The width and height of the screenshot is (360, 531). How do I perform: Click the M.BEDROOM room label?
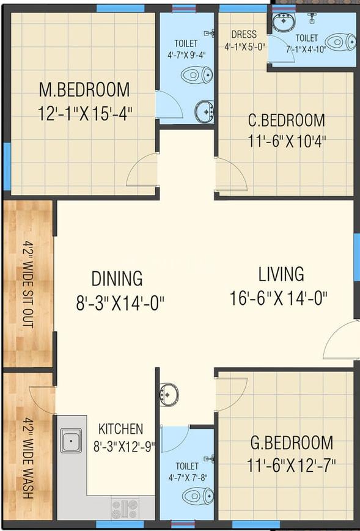click(84, 90)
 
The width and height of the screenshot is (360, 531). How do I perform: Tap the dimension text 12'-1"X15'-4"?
click(85, 114)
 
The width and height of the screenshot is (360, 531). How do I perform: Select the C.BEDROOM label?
click(287, 121)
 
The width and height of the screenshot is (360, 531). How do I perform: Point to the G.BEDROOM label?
click(292, 442)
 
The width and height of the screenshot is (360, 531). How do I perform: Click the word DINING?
click(117, 279)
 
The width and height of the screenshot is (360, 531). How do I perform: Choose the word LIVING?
click(281, 274)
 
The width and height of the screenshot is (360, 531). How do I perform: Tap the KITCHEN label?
click(121, 429)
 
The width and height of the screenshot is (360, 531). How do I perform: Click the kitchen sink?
click(71, 441)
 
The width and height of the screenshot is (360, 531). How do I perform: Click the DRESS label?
click(244, 35)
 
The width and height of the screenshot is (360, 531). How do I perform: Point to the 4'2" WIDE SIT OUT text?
click(29, 284)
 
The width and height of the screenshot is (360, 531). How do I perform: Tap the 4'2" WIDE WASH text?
click(29, 458)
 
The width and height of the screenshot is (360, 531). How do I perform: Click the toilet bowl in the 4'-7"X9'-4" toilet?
click(197, 75)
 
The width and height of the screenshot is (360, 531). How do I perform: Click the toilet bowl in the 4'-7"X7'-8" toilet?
click(198, 496)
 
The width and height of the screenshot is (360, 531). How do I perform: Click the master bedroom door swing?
click(142, 170)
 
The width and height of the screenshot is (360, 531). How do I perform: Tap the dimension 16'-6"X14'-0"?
click(279, 298)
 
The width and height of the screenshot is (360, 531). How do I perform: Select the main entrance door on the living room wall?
click(340, 340)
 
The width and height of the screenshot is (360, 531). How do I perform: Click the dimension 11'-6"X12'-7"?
click(292, 465)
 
